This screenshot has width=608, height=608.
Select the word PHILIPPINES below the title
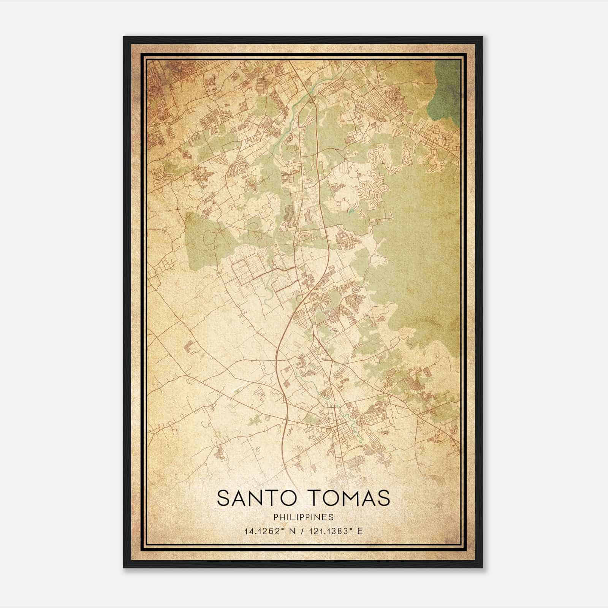click(304, 517)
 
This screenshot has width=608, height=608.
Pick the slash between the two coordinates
click(302, 531)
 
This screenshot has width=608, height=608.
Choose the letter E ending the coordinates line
click(360, 531)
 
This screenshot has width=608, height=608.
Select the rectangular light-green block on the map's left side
click(201, 239)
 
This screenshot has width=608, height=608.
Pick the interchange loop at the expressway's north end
click(312, 100)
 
